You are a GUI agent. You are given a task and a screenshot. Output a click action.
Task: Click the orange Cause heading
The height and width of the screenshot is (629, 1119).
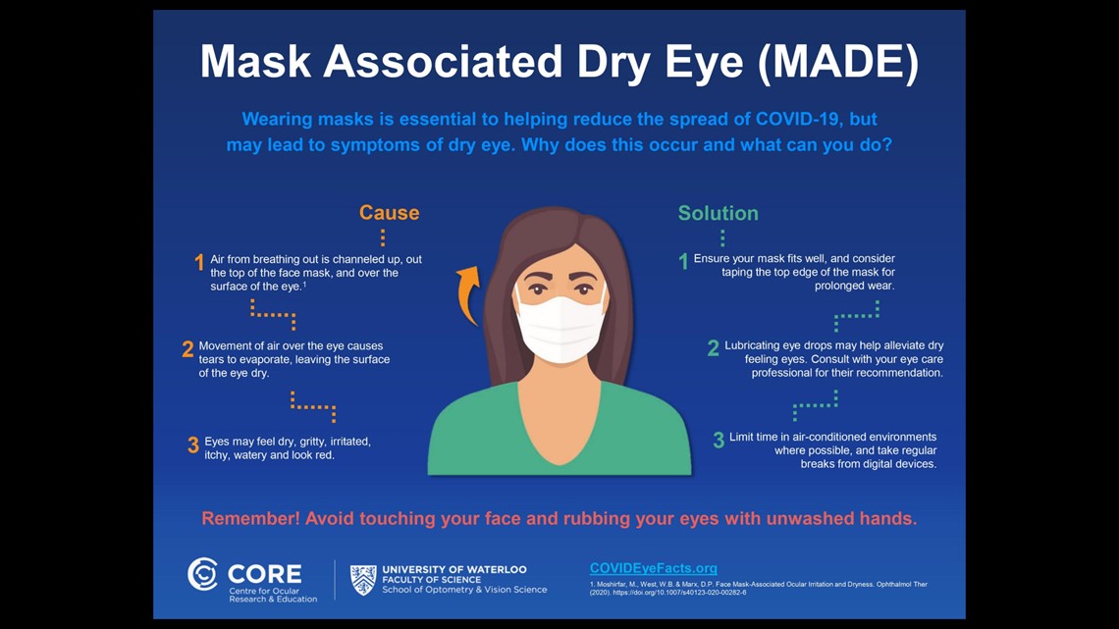(x=389, y=213)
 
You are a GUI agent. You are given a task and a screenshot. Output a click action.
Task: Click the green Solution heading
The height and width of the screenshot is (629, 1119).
(x=718, y=213)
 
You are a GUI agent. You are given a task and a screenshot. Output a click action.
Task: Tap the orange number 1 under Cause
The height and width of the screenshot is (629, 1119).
(x=199, y=262)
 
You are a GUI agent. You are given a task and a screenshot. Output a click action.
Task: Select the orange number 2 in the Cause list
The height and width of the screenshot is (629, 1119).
(x=187, y=349)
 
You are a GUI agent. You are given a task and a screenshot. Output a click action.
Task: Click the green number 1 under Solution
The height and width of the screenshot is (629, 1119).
(x=684, y=261)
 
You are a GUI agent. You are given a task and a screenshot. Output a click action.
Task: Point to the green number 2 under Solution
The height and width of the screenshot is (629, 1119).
(x=714, y=348)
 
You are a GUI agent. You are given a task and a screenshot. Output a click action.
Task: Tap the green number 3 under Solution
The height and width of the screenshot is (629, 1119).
(x=719, y=441)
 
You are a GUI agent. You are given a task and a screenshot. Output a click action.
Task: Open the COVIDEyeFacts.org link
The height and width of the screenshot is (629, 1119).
(x=653, y=568)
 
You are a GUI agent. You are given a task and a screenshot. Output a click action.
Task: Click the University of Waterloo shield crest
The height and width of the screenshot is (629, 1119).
(x=363, y=579)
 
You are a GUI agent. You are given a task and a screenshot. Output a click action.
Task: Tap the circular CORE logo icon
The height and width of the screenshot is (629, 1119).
(x=203, y=574)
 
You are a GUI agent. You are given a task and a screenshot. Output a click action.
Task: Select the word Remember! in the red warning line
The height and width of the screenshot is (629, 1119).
(x=249, y=518)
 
